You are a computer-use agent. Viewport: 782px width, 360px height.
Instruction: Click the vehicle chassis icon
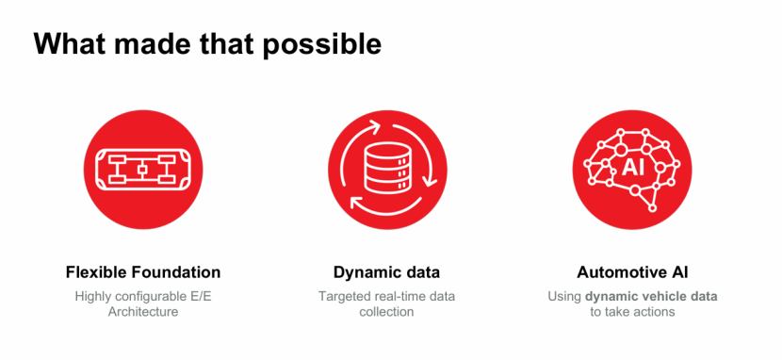coord(143,170)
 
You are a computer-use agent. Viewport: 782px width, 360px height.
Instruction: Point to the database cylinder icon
coord(387,168)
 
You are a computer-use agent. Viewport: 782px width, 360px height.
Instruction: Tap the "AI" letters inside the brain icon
coord(633,168)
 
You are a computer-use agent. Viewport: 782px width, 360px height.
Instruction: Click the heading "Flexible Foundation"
coord(143,272)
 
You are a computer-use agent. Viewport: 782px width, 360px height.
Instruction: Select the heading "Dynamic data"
coord(386,272)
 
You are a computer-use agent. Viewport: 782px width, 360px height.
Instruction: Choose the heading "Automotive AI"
coord(632,272)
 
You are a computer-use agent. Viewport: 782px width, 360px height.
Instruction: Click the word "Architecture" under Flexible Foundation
coord(143,312)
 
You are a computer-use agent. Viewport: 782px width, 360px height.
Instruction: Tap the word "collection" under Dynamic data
coord(386,312)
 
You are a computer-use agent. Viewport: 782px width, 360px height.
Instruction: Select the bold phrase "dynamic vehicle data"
coord(651,297)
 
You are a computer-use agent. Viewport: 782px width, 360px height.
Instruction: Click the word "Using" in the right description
coord(564,297)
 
